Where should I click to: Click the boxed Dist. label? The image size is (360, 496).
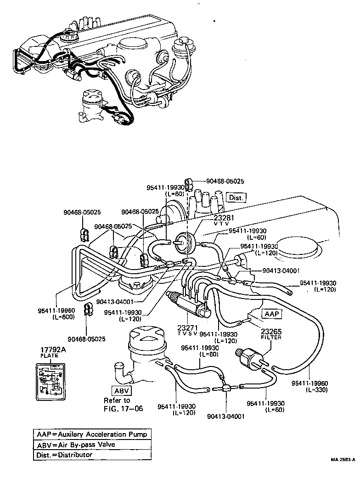237,197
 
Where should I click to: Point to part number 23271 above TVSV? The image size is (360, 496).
188,328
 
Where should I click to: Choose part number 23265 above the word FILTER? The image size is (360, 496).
270,331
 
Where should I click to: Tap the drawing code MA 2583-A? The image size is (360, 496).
343,459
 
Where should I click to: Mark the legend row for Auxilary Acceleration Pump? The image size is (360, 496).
92,434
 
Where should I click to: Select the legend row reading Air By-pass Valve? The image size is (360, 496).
92,445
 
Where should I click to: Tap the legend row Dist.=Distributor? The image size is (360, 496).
92,455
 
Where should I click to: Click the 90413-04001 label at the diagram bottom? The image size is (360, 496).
225,417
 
